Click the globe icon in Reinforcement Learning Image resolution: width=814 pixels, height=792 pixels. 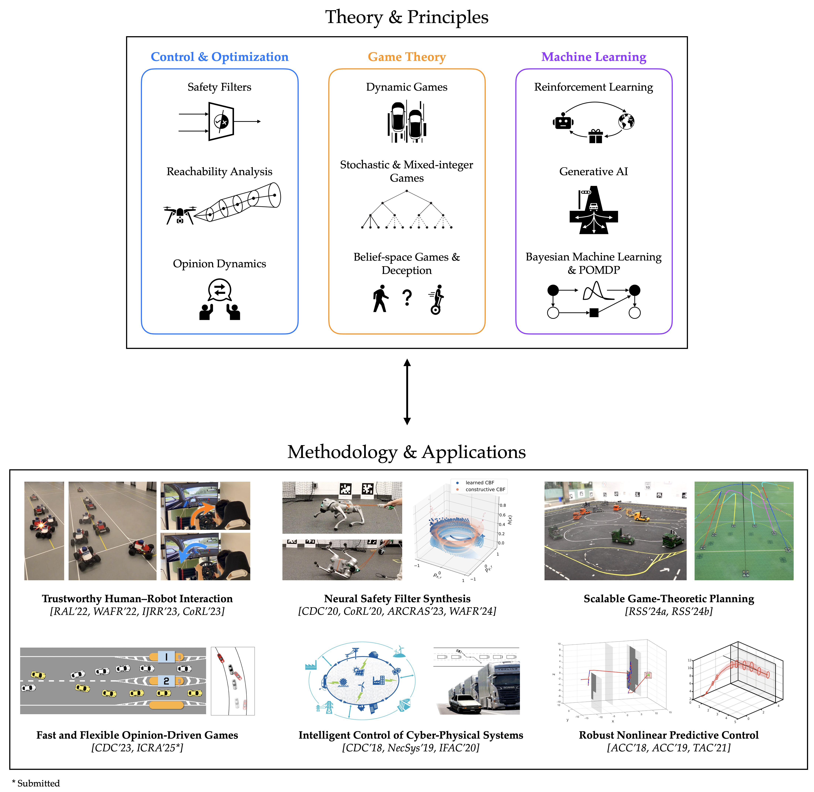pyautogui.click(x=626, y=121)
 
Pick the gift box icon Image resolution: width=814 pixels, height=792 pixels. pyautogui.click(x=595, y=136)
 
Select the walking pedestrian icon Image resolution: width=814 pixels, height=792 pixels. pyautogui.click(x=380, y=298)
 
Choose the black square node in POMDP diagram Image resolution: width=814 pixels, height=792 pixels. pyautogui.click(x=594, y=313)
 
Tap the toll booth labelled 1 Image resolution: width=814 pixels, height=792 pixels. pyautogui.click(x=166, y=657)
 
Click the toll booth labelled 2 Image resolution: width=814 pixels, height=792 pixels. pyautogui.click(x=166, y=681)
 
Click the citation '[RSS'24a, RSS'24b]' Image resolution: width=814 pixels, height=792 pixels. pyautogui.click(x=669, y=611)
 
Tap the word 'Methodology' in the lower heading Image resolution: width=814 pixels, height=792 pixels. pyautogui.click(x=342, y=452)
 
